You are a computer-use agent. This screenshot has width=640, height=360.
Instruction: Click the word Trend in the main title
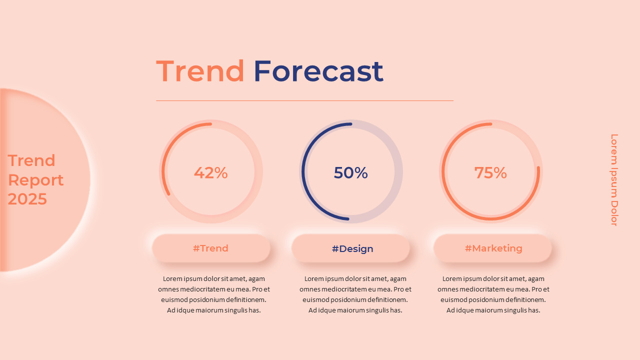coord(200,71)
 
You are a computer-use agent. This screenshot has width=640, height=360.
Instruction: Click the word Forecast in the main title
coord(318,71)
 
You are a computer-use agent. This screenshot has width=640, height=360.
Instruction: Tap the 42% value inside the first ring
coord(210,173)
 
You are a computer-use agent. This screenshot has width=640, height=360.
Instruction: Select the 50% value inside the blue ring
coord(350,173)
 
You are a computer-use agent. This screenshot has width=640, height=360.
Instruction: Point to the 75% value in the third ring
coord(490,173)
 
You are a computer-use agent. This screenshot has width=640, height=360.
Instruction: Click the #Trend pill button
coord(210,248)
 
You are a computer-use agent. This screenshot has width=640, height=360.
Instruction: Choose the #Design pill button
coord(352,248)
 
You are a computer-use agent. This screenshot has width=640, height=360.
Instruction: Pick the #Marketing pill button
coord(493,248)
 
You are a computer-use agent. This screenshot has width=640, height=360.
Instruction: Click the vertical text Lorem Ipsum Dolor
coord(614,179)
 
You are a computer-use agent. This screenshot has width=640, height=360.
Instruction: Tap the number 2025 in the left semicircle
coord(27,199)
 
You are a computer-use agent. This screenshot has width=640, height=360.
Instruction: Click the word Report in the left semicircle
coord(35,180)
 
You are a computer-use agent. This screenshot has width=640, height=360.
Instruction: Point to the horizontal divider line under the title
coord(304,100)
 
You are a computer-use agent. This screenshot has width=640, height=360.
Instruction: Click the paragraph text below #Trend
coord(213,294)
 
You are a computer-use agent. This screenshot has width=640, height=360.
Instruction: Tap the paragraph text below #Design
coord(355,294)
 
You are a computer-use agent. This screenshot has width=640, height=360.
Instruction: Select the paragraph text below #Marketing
coord(493,294)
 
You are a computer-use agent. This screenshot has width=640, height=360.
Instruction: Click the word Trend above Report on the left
coord(31,160)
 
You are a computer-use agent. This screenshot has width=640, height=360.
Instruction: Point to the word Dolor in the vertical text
coord(614,214)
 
